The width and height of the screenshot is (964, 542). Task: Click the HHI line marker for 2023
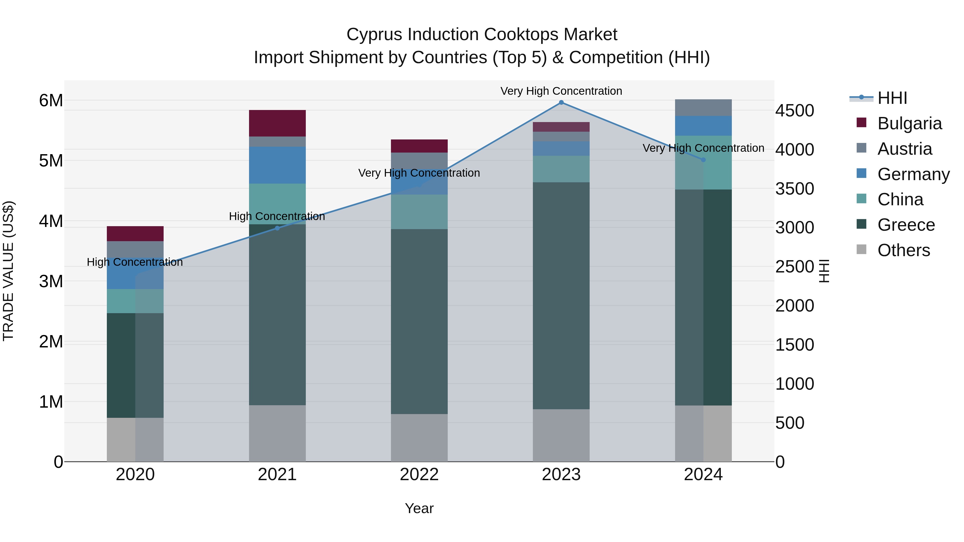(x=561, y=103)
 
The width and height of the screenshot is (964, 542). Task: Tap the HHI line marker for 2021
(x=277, y=228)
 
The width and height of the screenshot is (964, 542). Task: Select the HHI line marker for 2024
(x=703, y=160)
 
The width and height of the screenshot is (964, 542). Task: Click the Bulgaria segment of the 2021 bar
(x=277, y=123)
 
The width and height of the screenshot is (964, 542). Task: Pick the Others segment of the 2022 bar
(x=419, y=437)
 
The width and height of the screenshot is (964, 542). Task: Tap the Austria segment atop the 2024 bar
(x=703, y=108)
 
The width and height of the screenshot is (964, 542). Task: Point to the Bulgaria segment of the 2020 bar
(x=135, y=233)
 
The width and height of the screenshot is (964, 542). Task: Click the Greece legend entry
(x=906, y=225)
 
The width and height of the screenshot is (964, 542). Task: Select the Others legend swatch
(x=861, y=249)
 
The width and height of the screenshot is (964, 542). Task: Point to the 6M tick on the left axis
(x=51, y=101)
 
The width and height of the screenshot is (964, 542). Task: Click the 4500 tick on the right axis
(x=794, y=111)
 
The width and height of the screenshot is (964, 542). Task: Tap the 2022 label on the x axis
(x=419, y=475)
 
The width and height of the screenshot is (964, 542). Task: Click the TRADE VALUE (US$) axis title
(x=8, y=271)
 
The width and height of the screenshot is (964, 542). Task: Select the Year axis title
(x=419, y=508)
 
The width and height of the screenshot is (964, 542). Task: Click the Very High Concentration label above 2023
(x=561, y=91)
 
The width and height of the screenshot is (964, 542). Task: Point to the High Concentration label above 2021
(x=277, y=216)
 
